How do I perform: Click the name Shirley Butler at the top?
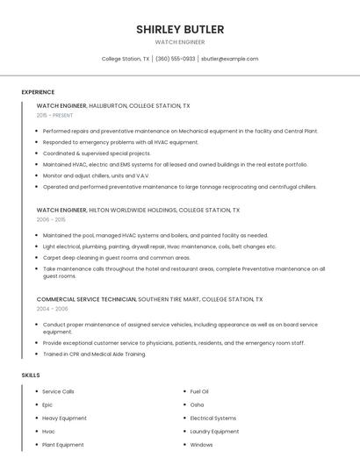180,29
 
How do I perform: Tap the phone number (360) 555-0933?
176,59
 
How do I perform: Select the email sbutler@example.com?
229,59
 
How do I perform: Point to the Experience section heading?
38,92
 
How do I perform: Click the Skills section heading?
31,375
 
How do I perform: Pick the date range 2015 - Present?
54,115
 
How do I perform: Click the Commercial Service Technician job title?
86,299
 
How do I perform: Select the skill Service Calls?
58,391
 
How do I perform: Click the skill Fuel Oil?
199,391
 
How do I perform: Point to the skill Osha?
197,404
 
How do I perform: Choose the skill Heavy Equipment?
64,418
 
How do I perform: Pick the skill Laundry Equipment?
214,432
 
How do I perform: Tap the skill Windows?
201,445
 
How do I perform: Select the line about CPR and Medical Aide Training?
94,354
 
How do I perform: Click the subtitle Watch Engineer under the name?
180,42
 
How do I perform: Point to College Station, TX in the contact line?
126,59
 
